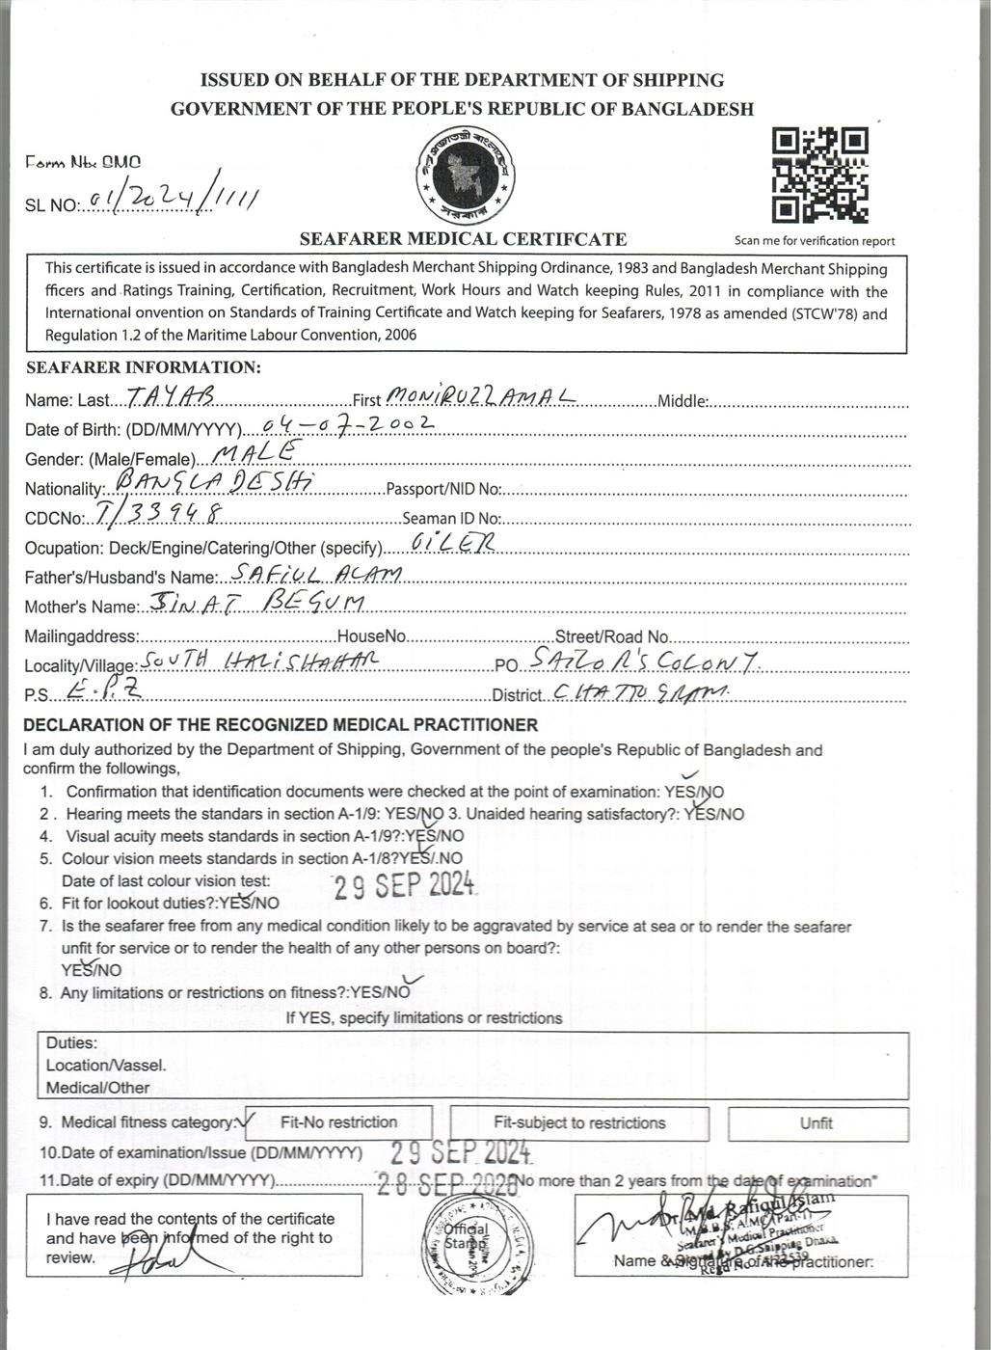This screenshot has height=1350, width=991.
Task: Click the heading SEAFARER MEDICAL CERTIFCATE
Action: pos(463,239)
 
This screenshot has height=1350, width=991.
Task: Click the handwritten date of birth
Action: pos(348,424)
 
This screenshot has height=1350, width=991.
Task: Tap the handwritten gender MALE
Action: pos(253,452)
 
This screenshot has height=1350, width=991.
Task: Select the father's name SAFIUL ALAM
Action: pos(315,574)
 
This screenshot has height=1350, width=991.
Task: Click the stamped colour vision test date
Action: pos(405,885)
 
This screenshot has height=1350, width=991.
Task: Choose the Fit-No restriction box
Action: pos(338,1122)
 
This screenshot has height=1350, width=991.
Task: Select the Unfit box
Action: pos(817,1123)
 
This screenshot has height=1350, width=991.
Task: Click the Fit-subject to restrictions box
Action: pos(579,1122)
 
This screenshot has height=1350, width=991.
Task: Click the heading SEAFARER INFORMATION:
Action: pos(144,367)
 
